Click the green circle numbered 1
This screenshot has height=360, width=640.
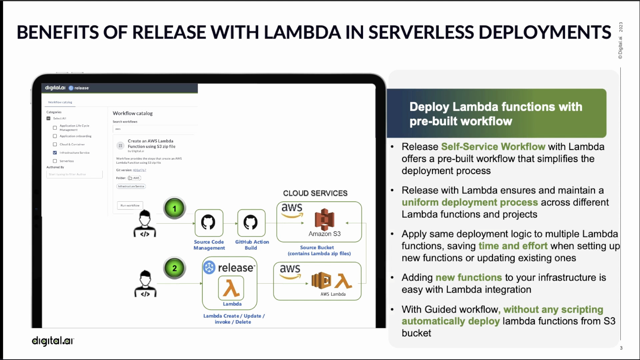point(174,208)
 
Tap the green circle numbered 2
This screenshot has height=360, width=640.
point(174,268)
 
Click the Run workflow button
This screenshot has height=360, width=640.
point(130,205)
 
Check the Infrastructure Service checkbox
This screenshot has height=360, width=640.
point(55,153)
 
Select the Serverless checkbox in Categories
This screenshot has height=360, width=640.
point(55,161)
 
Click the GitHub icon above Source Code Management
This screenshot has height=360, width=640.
point(208,222)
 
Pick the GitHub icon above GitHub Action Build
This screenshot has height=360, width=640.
point(251,222)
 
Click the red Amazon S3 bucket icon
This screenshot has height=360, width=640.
point(324,219)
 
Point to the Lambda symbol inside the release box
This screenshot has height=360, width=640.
point(231,288)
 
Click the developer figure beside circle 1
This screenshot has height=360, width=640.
point(145,223)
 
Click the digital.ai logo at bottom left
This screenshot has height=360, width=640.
point(53,341)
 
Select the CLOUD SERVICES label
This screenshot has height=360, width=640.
point(315,193)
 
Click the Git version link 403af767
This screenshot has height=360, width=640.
point(139,170)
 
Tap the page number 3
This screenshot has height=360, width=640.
point(621,348)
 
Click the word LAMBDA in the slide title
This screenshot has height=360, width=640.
point(302,32)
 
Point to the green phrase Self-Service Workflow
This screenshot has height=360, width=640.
point(493,147)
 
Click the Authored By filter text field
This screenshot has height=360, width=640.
point(74,174)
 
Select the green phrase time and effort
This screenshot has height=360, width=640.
point(513,246)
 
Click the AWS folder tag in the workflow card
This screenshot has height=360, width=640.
point(134,178)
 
